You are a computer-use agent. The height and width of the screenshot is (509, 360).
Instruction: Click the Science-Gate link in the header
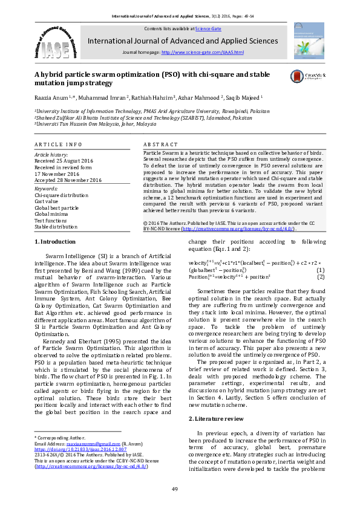click(x=207, y=28)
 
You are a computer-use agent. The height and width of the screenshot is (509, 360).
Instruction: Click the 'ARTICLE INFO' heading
click(x=58, y=145)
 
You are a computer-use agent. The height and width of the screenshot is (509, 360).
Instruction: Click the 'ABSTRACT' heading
click(x=160, y=145)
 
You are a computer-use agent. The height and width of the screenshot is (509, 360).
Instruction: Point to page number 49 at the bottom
click(x=175, y=488)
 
